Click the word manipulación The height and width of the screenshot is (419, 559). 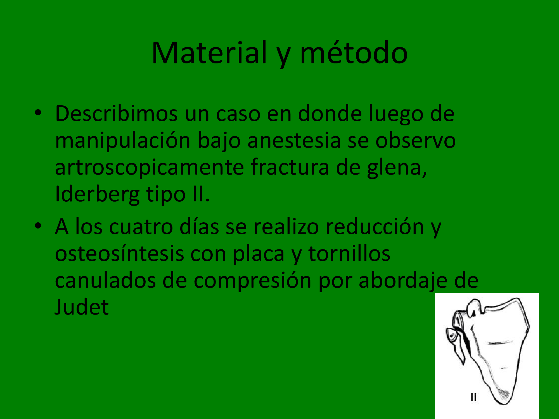(123, 141)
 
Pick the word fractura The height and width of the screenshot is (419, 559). (290, 167)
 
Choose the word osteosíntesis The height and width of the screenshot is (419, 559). (119, 253)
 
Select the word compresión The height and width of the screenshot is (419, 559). (252, 281)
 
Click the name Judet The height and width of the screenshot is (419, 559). (82, 307)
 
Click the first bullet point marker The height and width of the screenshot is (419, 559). (38, 113)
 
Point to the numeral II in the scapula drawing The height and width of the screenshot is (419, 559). (473, 397)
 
